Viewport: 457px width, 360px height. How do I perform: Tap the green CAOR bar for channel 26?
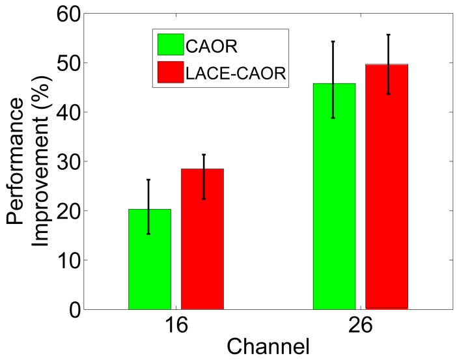tap(334, 196)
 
